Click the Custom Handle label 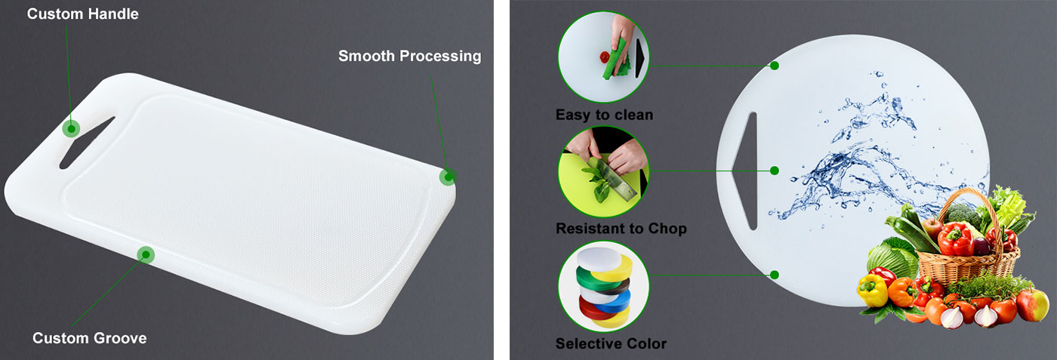point(82,14)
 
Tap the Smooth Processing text point(409,56)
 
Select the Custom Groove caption point(89,338)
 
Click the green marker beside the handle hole point(71,128)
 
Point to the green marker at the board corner point(448,177)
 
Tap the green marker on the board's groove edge point(146,255)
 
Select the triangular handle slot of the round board point(747,171)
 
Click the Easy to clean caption point(604,115)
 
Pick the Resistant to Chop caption point(621,229)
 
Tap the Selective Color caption point(611,343)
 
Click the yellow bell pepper point(872,290)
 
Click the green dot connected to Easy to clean point(775,66)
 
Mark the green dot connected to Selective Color point(775,275)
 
